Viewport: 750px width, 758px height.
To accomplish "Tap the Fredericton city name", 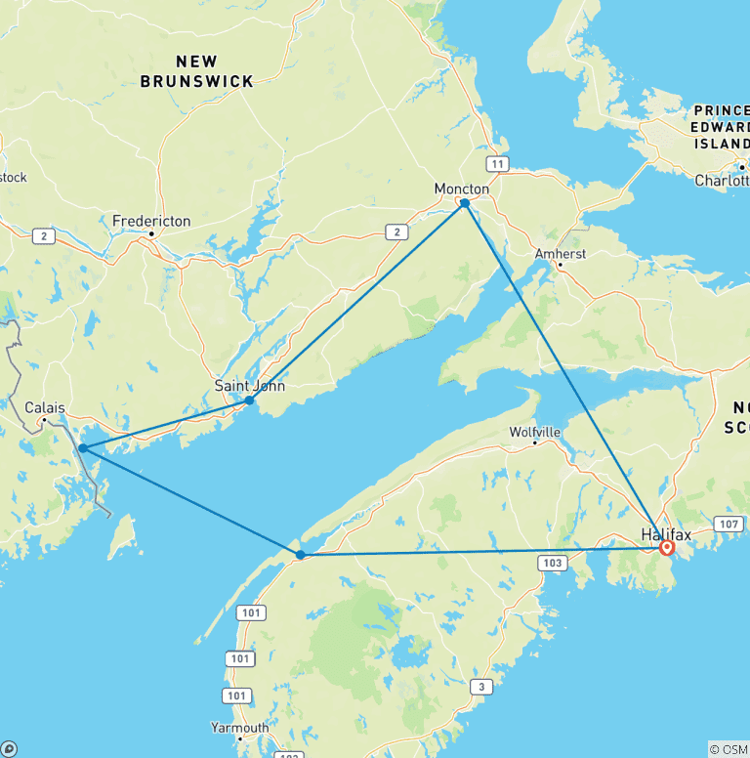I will tap(151, 221).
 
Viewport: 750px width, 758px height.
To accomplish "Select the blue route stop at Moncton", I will tap(465, 203).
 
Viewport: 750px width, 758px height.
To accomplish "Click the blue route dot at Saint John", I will tap(250, 400).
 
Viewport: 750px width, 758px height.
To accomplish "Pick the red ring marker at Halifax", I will tap(667, 548).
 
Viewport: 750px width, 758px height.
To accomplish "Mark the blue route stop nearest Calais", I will tap(84, 448).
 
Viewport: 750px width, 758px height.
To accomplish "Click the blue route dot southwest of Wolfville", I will tap(301, 555).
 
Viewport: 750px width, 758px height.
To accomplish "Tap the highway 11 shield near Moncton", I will tap(498, 164).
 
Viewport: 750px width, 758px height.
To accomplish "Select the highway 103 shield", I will tap(553, 563).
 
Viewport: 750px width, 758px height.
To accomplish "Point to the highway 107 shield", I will tap(729, 526).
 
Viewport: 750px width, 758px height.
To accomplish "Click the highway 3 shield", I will tap(479, 688).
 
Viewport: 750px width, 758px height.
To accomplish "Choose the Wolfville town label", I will tap(534, 431).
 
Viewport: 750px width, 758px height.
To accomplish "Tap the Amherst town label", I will tap(560, 254).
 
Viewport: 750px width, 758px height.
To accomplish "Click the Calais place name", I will tap(45, 407).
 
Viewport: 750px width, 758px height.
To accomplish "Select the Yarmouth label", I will tap(239, 728).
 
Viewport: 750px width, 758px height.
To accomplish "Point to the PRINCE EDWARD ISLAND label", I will tap(720, 128).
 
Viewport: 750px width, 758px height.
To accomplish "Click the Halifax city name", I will tap(666, 533).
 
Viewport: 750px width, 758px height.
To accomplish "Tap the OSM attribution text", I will tap(731, 749).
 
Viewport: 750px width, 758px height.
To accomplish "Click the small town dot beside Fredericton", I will tap(152, 234).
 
